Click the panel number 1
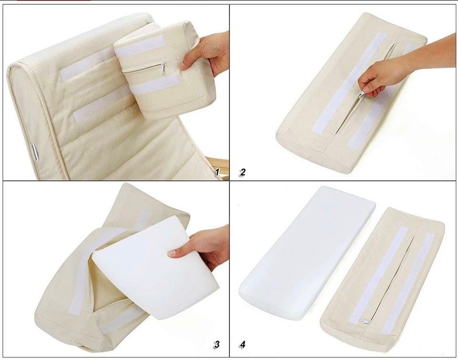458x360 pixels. coord(217,172)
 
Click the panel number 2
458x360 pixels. coord(242,172)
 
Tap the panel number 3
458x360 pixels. coord(217,345)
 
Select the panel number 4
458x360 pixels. coord(242,345)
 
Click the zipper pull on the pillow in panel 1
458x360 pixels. coord(162,69)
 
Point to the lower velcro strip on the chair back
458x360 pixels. coord(101,104)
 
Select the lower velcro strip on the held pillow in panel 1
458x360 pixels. coord(155,84)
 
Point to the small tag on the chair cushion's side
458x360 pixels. coord(35,152)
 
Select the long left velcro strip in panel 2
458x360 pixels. coord(349,83)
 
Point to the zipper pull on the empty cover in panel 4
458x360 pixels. coord(366,321)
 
